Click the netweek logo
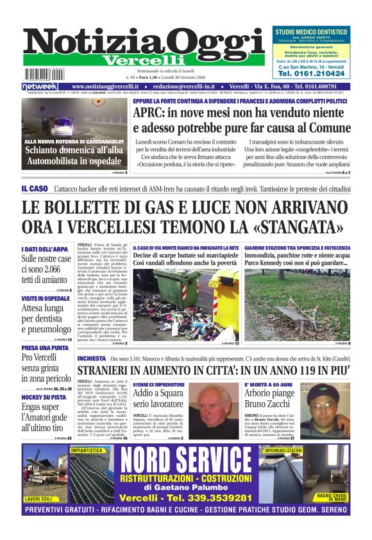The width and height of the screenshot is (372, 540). pyautogui.click(x=40, y=87)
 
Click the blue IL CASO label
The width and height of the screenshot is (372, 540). pyautogui.click(x=34, y=189)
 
